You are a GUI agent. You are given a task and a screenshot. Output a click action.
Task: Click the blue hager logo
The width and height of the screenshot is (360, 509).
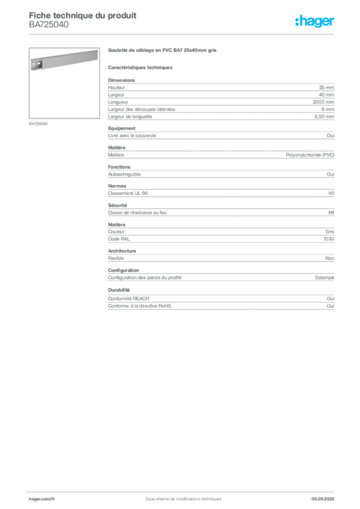[315, 22]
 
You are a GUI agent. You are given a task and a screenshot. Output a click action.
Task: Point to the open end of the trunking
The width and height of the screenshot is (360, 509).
[36, 65]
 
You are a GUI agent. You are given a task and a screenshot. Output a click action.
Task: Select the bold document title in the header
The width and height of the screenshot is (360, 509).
[83, 14]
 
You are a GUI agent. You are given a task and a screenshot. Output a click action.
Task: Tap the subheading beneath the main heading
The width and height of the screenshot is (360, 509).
[141, 67]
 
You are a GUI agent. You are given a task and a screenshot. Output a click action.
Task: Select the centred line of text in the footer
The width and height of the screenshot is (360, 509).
[180, 496]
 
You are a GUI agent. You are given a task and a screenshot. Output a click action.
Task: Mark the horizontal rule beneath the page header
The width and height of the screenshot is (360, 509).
[183, 34]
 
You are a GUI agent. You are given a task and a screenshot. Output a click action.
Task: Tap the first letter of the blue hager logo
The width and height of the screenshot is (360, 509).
[297, 22]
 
